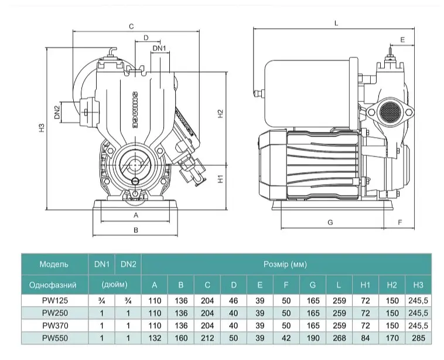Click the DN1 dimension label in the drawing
tap(159, 48)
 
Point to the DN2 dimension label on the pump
tap(57, 112)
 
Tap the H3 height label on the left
tap(42, 128)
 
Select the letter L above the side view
tap(336, 23)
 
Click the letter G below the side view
tap(330, 222)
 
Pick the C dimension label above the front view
tap(131, 26)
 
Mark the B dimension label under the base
tap(136, 230)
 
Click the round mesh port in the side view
tap(390, 111)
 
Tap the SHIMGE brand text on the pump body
tap(135, 110)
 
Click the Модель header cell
tap(54, 264)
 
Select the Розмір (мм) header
tap(285, 264)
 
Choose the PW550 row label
tap(55, 338)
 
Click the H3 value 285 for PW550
tap(418, 338)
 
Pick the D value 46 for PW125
tap(233, 300)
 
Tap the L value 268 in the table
tap(339, 338)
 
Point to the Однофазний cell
tap(53, 285)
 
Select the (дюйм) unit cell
tap(115, 284)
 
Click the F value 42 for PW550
tap(286, 338)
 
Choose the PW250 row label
tap(55, 313)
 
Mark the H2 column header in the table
tap(392, 285)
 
